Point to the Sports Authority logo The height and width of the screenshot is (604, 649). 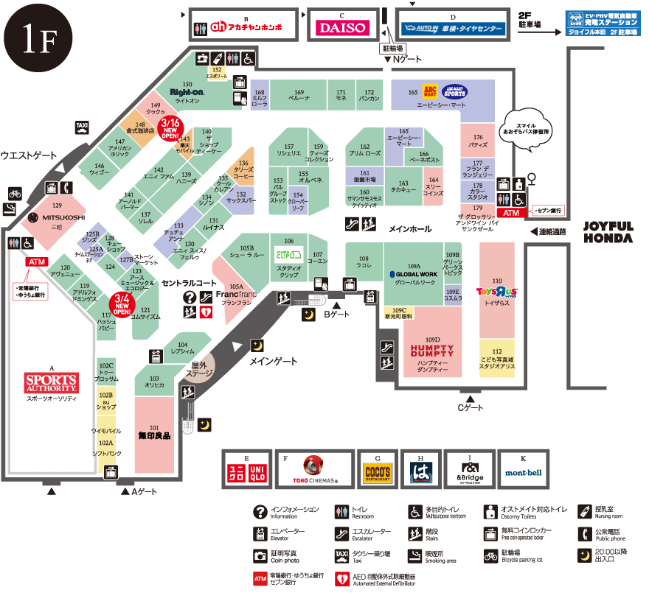point(51,382)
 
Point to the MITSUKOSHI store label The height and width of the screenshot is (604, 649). point(57,217)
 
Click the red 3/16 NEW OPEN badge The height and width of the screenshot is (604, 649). point(170,127)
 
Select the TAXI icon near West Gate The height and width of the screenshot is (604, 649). point(82,127)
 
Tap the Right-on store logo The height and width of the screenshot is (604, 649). point(187,93)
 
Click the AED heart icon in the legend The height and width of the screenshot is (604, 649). point(341,578)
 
